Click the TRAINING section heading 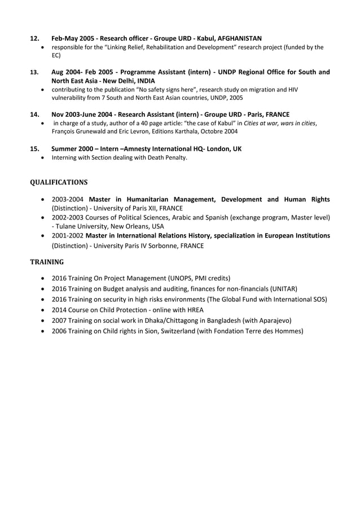tap(46, 262)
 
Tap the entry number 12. tap(34, 38)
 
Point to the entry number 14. tap(34, 114)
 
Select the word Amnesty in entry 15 tap(139, 149)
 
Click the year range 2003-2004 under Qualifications tap(67, 199)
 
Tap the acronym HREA tap(193, 310)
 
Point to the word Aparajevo tap(269, 321)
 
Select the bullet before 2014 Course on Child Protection tap(44, 310)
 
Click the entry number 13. tap(34, 72)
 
